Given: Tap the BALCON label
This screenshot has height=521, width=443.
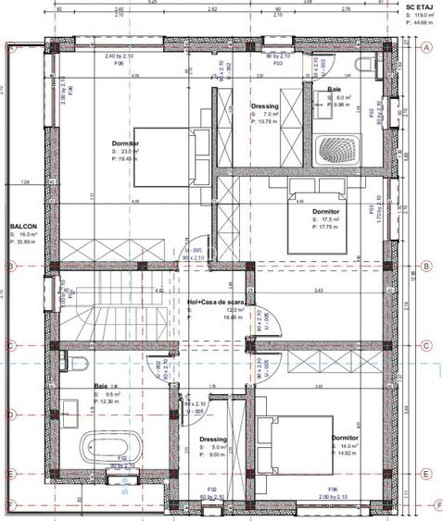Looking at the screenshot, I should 23,225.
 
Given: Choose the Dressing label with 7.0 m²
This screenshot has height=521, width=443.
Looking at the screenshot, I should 265,106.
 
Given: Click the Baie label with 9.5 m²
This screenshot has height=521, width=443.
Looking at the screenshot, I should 101,387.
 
